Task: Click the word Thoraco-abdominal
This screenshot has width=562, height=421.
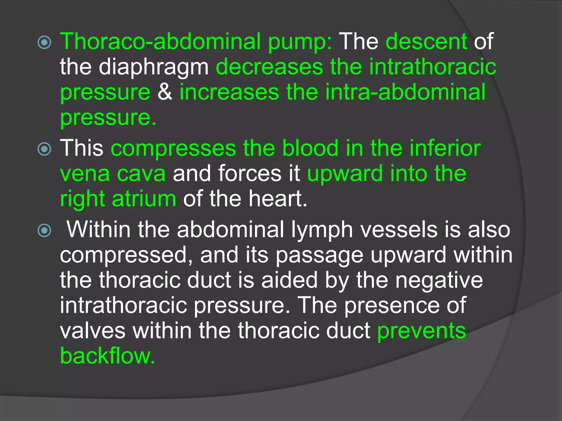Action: point(160,42)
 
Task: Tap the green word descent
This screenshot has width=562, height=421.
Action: point(426,42)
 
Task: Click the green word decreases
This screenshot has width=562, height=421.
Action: point(269,67)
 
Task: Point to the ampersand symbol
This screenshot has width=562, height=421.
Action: point(165,92)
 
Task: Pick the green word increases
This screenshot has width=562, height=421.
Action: point(229,92)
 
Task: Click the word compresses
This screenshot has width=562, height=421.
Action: point(173,148)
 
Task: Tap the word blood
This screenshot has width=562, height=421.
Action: point(310,148)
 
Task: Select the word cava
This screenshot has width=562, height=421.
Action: point(141,173)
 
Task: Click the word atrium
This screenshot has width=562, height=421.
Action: point(144,199)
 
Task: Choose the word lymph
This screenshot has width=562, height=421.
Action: point(322,230)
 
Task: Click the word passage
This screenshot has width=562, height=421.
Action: point(319,255)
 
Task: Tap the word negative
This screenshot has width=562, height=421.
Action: point(439,280)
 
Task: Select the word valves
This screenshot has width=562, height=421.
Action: point(93,331)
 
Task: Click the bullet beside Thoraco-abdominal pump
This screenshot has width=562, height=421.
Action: point(44,42)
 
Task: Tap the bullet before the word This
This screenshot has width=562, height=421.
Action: point(44,149)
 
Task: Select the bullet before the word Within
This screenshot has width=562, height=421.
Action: point(44,230)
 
